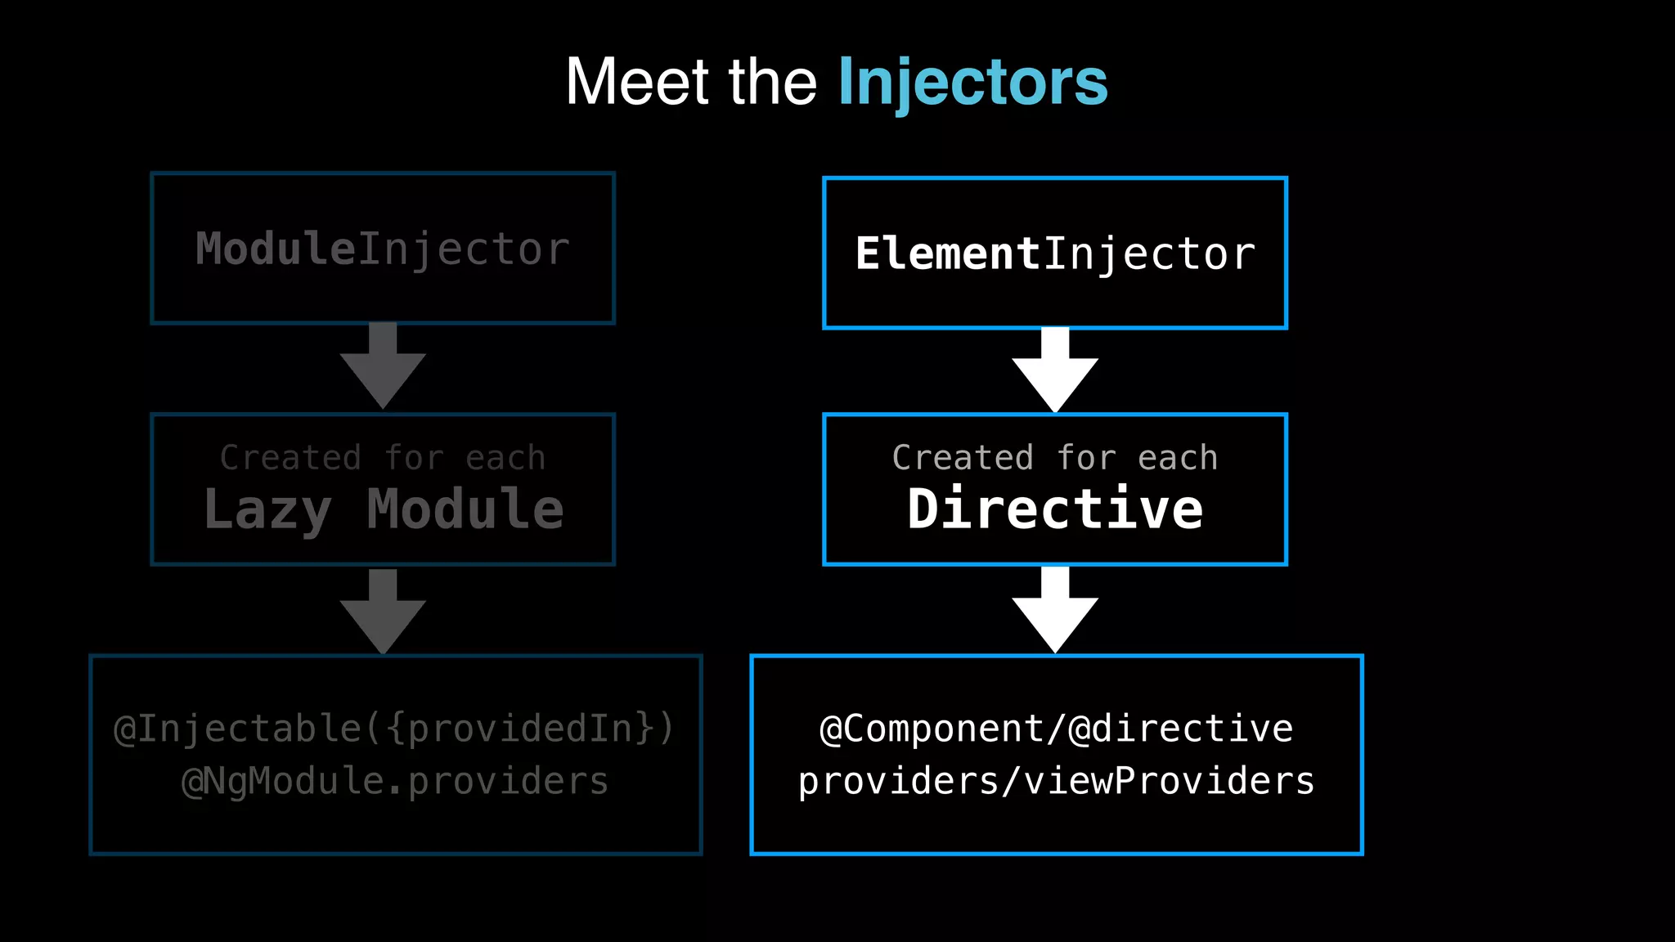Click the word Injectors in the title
(972, 82)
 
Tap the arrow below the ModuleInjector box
(383, 366)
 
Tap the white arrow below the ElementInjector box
(1055, 370)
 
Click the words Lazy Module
(383, 509)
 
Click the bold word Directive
(1055, 509)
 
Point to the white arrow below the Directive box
(1055, 610)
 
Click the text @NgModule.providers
(394, 781)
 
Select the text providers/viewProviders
(1056, 781)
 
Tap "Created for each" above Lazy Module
(383, 458)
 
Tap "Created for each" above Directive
(1055, 458)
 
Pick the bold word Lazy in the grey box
(267, 509)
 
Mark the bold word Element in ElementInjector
(947, 253)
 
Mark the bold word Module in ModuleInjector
(275, 249)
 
